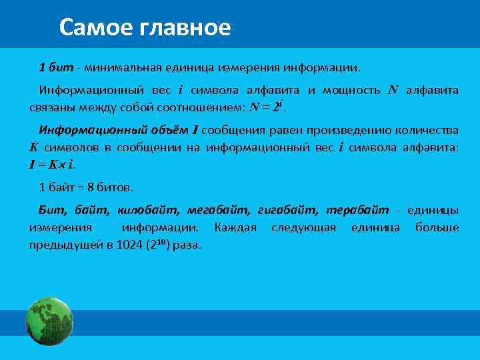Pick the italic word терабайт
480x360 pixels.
click(357, 210)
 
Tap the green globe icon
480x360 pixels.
click(49, 321)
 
